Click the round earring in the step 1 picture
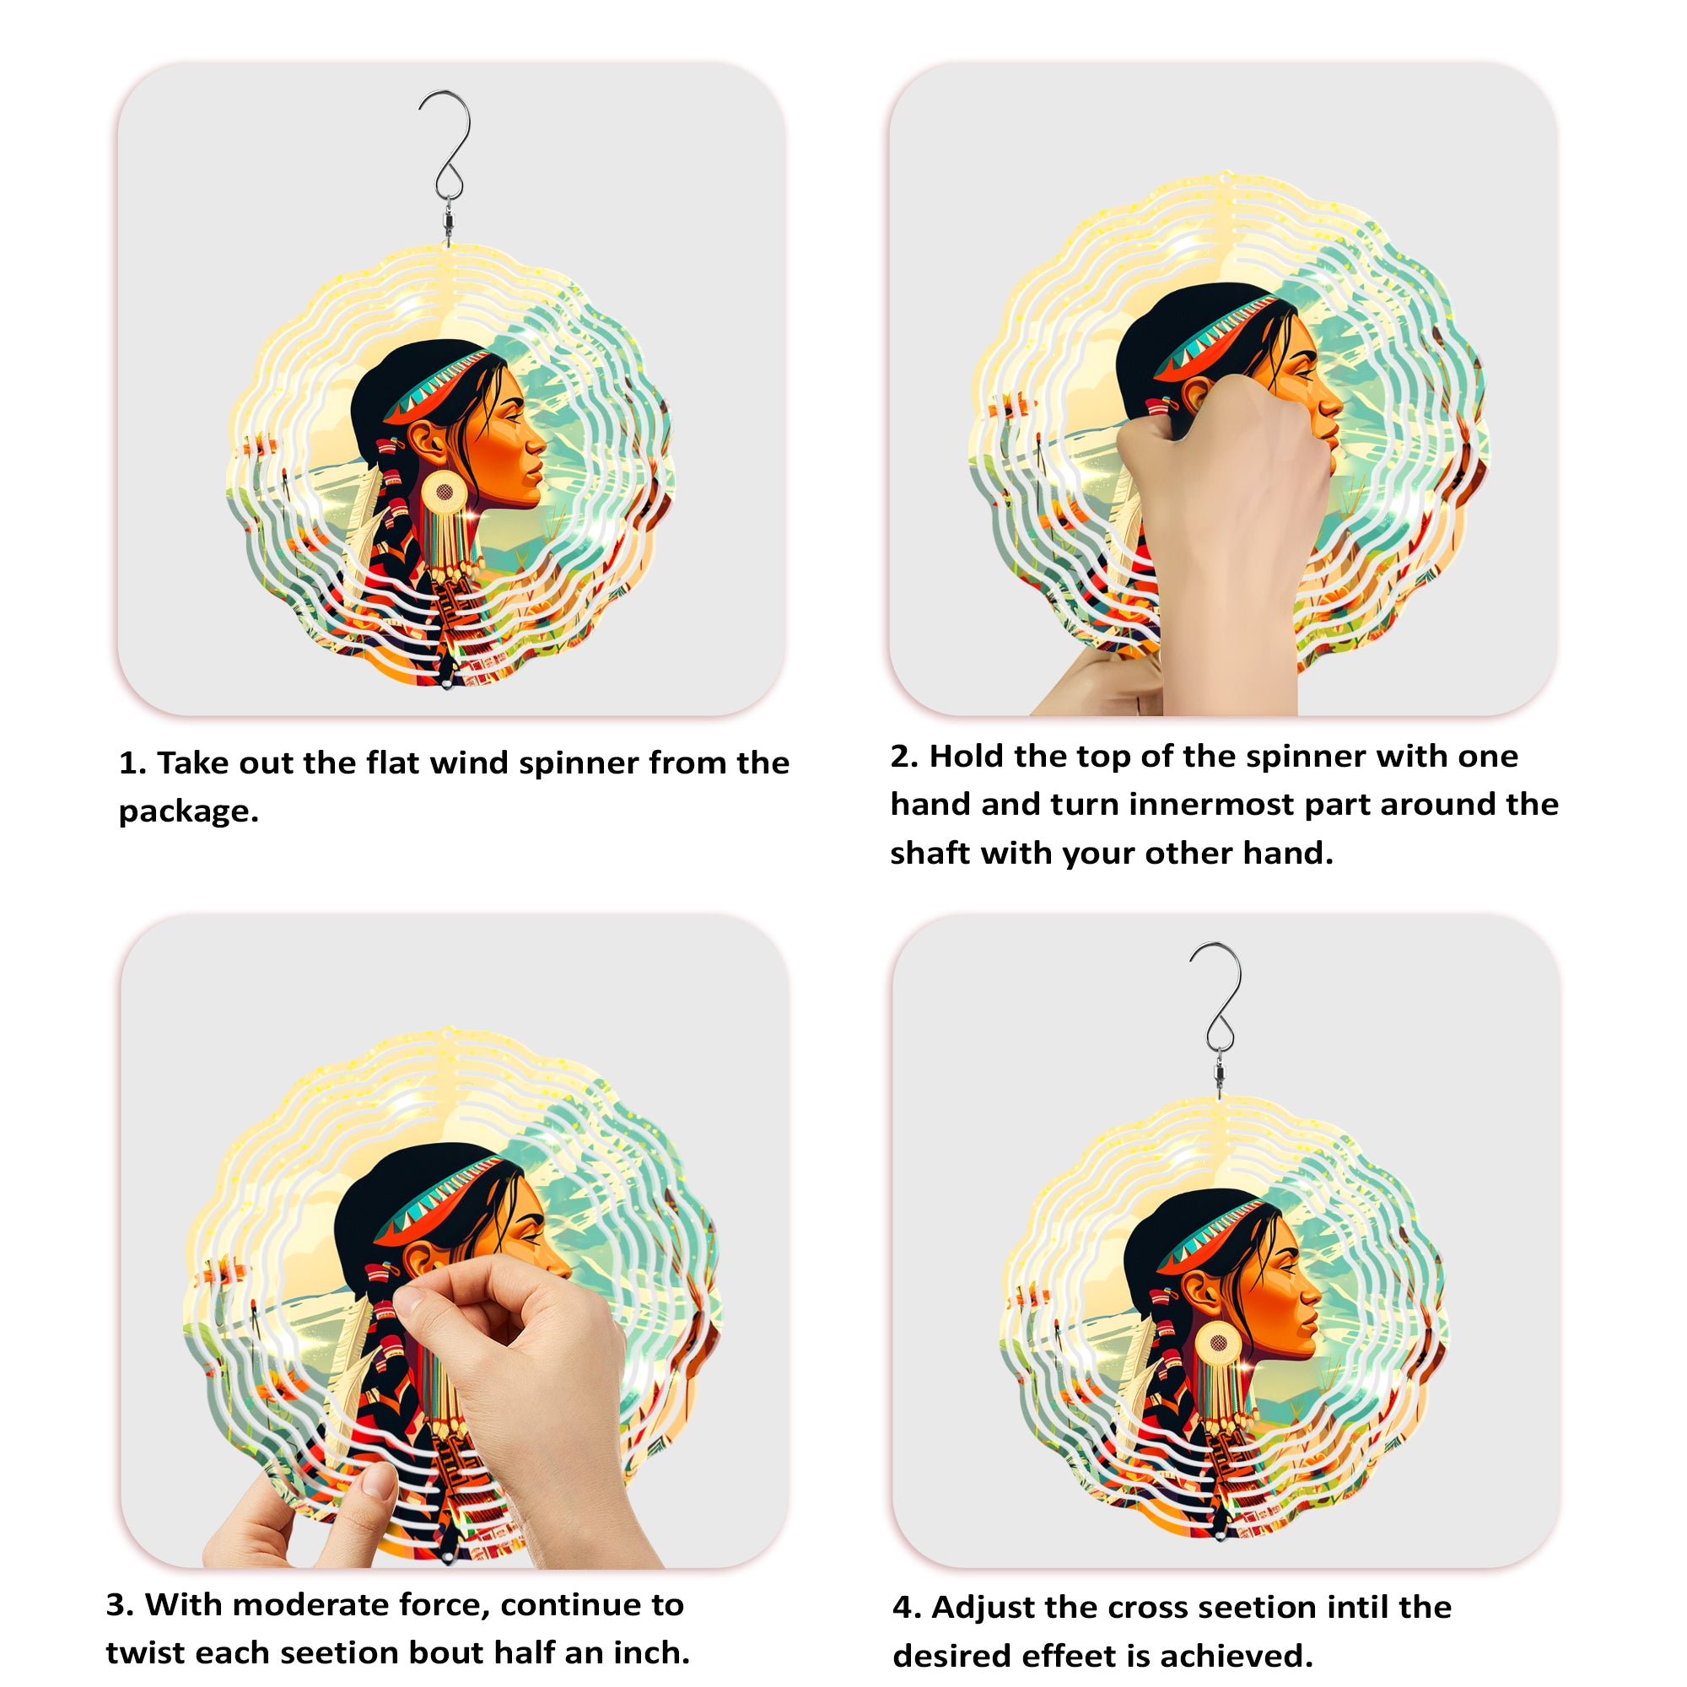pos(444,493)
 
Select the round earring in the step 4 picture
pos(1217,1343)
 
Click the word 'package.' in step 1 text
pos(189,812)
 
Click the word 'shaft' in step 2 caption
pos(930,852)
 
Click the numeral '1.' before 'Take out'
pos(132,763)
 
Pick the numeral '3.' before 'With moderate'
pos(121,1605)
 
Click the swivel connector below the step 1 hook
pos(448,218)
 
